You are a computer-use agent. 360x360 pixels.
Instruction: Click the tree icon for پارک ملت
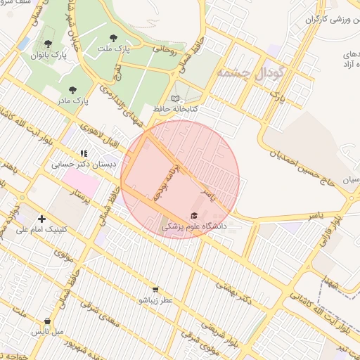click(x=114, y=38)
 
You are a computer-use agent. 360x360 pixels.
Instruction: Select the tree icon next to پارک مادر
click(x=72, y=89)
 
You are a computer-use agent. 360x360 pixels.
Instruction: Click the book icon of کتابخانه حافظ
click(x=175, y=98)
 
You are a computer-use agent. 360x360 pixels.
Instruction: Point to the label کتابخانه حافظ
click(x=176, y=109)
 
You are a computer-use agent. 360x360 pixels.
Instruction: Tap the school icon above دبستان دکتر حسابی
click(x=84, y=153)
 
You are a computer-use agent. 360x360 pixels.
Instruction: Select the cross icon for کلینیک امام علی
click(x=41, y=219)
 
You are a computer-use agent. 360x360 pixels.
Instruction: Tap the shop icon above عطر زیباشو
click(x=155, y=288)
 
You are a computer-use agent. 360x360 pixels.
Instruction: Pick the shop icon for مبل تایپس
click(x=47, y=321)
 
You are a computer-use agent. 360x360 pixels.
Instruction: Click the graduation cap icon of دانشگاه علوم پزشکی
click(x=194, y=215)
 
